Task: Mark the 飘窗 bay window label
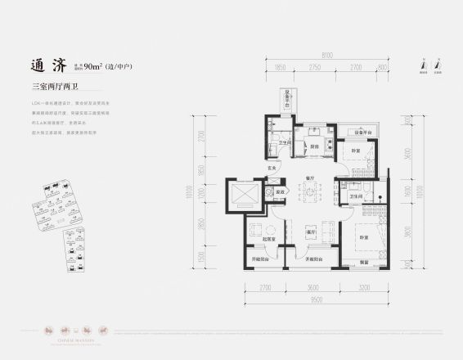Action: coord(363,262)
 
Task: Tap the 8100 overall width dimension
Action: coord(326,54)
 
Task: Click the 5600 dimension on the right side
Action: coord(409,160)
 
